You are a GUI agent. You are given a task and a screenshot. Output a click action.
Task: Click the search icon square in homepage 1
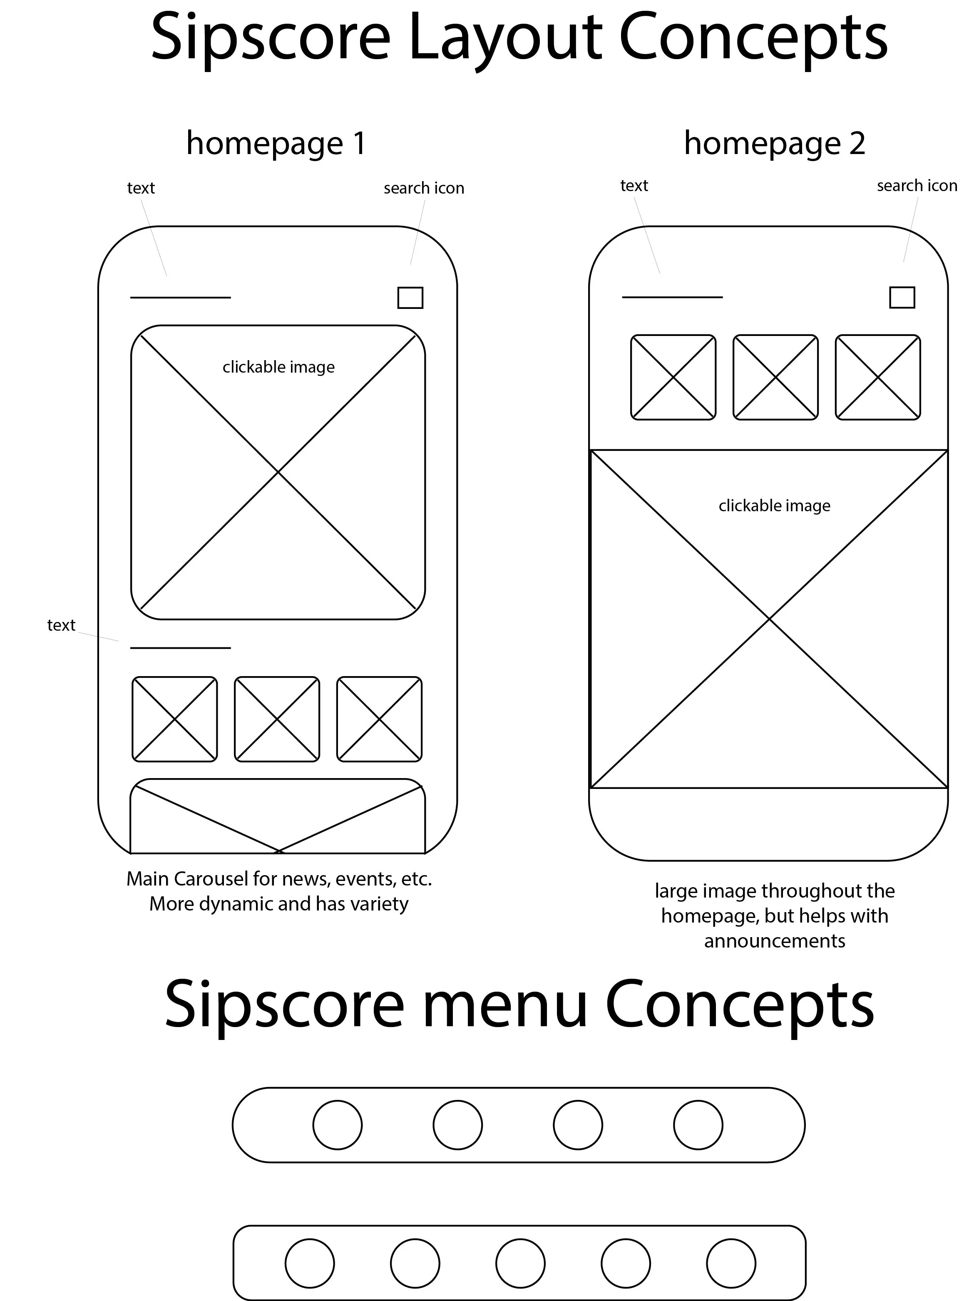click(410, 298)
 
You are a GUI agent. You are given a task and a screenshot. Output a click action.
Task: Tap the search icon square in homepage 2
click(902, 298)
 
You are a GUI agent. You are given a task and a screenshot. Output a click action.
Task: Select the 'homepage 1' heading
click(276, 144)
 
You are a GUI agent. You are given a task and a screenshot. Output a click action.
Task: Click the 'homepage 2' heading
click(774, 144)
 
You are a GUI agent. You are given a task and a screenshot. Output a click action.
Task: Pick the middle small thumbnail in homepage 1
click(277, 719)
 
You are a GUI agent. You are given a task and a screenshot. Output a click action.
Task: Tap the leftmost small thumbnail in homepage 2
click(673, 377)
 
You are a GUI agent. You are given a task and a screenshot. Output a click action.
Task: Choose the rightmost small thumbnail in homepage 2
click(878, 377)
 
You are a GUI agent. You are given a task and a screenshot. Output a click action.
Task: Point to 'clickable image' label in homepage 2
click(774, 505)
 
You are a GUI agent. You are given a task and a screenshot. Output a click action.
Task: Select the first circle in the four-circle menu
click(338, 1125)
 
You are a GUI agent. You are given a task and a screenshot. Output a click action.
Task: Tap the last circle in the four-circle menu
click(698, 1125)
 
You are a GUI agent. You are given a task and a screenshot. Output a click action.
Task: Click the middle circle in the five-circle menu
click(520, 1264)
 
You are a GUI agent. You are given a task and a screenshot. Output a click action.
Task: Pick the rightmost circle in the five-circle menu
click(731, 1264)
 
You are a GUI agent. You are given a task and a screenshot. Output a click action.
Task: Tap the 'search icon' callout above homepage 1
click(424, 188)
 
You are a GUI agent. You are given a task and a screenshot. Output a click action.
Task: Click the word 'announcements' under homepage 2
click(774, 940)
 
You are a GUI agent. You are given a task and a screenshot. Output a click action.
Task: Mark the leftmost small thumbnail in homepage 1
click(175, 719)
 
